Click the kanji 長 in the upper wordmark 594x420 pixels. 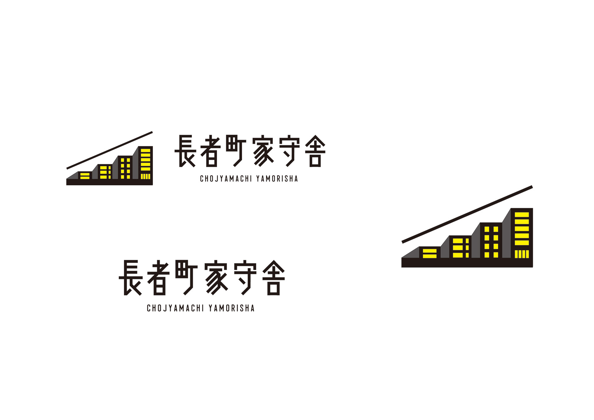185,151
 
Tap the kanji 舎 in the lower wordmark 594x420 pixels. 273,277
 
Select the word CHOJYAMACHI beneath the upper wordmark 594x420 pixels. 226,179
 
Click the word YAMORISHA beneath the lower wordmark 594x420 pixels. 231,308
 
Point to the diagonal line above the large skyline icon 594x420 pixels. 467,214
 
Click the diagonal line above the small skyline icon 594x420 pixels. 110,150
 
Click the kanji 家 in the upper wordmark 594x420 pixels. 263,151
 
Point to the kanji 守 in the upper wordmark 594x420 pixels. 289,151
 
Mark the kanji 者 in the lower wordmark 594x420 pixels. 158,277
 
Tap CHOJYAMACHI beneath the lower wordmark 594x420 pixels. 175,308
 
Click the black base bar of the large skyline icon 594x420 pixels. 467,263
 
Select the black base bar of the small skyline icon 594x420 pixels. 110,182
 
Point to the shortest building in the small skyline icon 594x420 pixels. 85,175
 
